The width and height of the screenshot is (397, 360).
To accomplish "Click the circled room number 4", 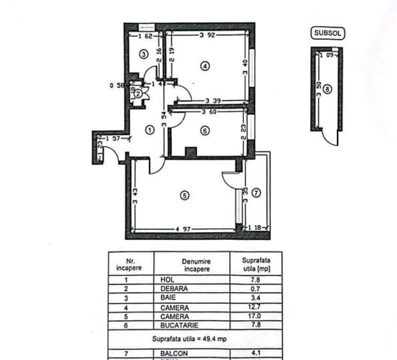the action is [x=204, y=66].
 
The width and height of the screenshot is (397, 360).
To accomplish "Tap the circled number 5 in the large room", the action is [x=184, y=196].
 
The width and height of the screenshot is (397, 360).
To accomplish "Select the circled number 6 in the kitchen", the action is [x=204, y=130].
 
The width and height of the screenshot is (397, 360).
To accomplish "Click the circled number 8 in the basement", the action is [x=327, y=90].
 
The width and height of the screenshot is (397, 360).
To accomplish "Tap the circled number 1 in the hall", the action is [x=150, y=130].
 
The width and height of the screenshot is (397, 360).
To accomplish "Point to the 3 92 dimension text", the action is [x=207, y=35].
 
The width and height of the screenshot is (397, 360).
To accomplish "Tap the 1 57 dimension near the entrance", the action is [x=114, y=138].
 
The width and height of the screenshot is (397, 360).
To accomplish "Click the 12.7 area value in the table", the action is [x=255, y=307].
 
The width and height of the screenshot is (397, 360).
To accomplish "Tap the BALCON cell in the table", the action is [x=171, y=350].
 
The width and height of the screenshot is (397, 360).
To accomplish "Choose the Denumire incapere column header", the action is [x=196, y=265].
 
